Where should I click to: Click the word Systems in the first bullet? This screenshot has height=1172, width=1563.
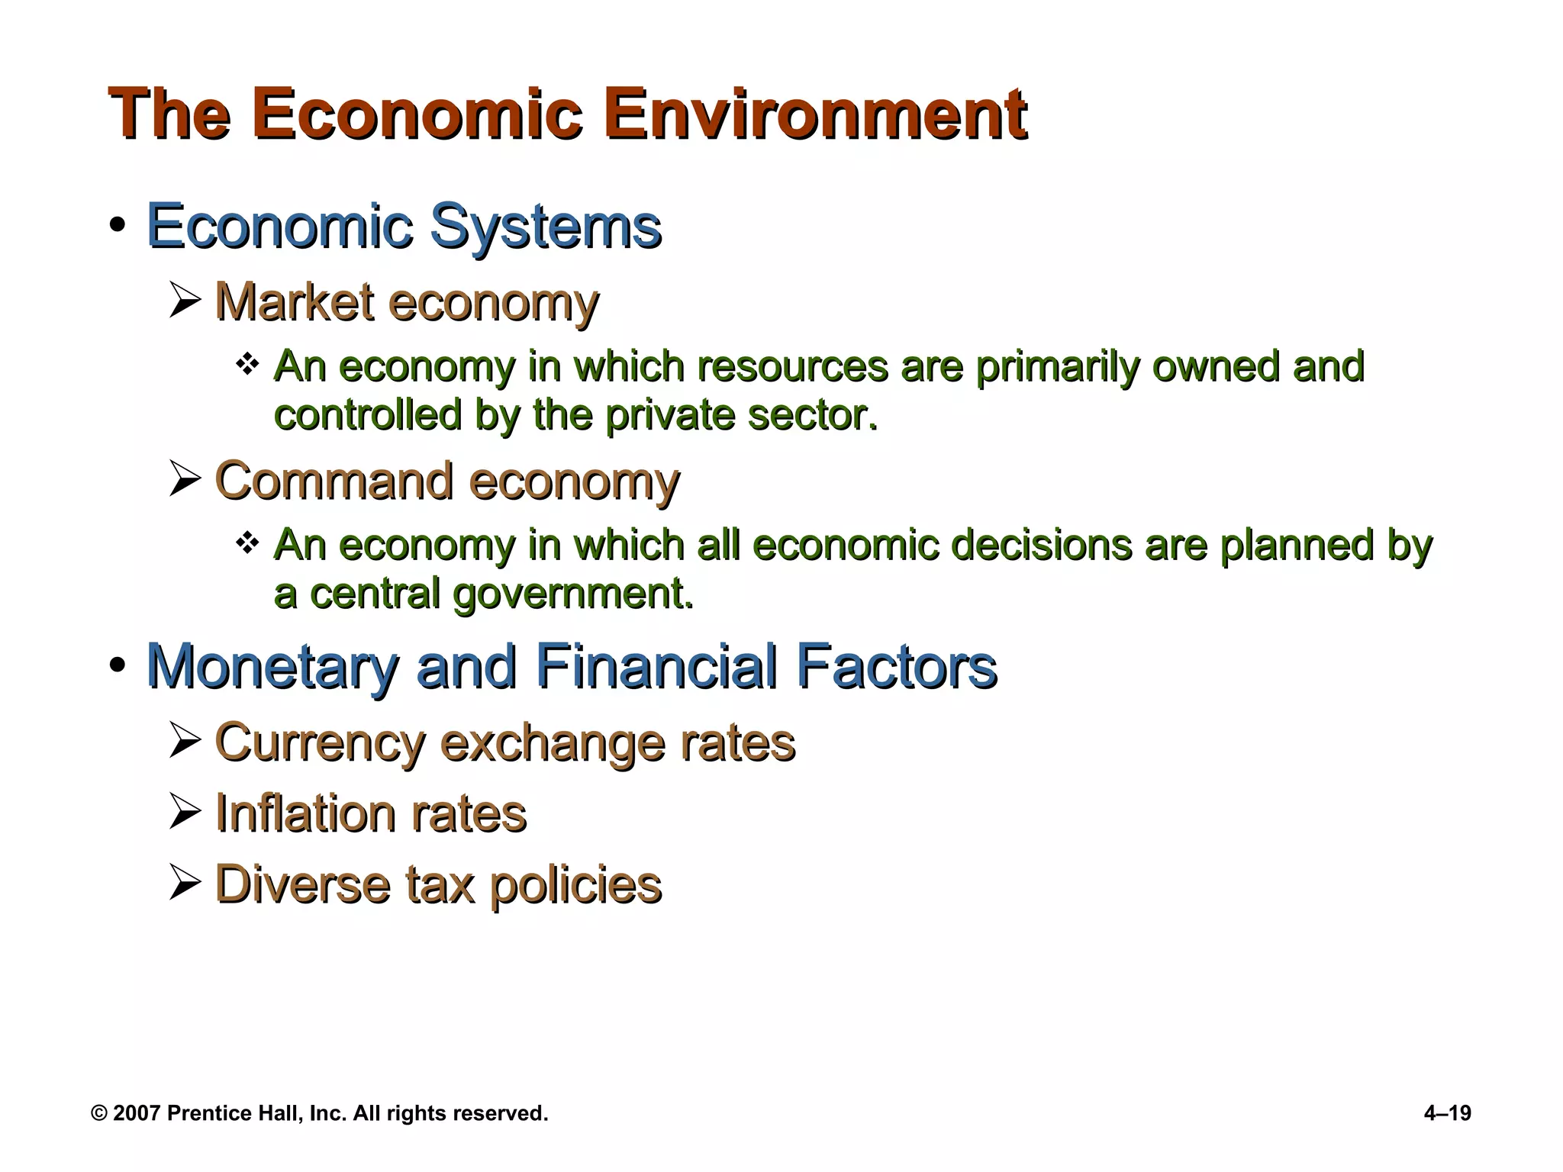546,227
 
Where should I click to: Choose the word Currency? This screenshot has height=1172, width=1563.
321,743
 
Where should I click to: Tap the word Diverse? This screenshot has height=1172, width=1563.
302,885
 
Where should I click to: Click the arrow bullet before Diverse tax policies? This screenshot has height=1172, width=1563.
185,884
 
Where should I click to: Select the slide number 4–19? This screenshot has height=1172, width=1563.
1447,1113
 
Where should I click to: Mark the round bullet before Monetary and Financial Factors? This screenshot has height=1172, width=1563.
117,665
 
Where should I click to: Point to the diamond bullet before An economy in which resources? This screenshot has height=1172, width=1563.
247,364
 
